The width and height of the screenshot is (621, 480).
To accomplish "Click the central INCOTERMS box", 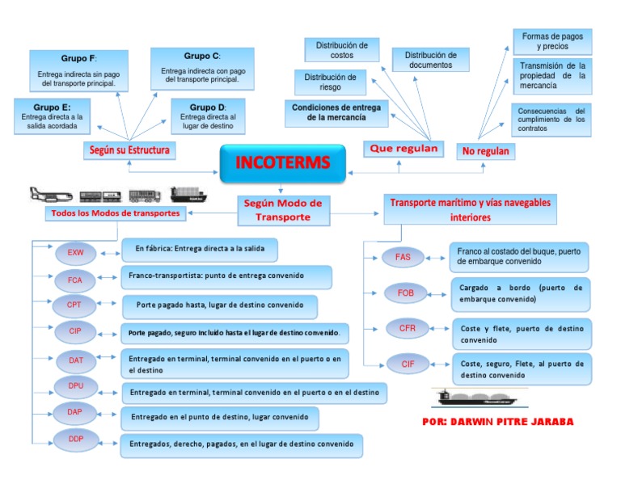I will [x=282, y=163].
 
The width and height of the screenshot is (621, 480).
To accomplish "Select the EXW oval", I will [x=75, y=253].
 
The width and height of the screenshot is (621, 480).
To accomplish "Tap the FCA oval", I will [x=75, y=280].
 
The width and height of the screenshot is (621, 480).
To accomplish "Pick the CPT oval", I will [x=75, y=305].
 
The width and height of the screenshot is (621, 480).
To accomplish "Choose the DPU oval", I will [x=75, y=387].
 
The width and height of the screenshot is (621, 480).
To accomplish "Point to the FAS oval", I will [x=403, y=257].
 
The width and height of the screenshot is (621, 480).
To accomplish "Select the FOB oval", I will [x=406, y=293].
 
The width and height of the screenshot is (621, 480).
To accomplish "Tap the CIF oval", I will [x=408, y=364].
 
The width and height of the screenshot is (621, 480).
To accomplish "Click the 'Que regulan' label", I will [x=403, y=149].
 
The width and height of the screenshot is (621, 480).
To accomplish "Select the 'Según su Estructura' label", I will [x=130, y=149].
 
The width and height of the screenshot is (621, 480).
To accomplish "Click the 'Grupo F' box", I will [x=78, y=70].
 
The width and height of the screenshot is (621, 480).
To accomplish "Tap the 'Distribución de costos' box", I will [x=341, y=50].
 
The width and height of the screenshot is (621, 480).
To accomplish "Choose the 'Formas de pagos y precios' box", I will [x=552, y=41].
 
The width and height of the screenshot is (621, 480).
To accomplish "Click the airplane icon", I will [x=49, y=195].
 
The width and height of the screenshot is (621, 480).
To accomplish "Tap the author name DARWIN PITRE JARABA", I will [x=497, y=422].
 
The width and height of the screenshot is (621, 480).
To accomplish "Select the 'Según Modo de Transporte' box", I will [x=282, y=210].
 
